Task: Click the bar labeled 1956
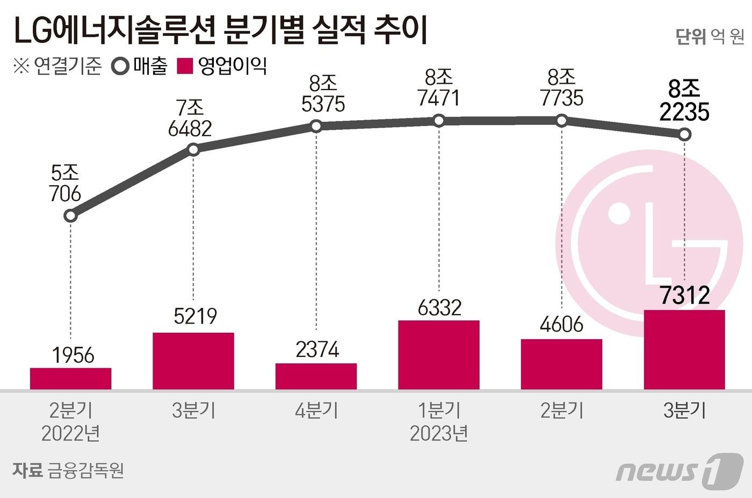tap(70, 378)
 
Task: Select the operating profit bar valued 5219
tap(193, 361)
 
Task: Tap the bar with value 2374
tap(316, 376)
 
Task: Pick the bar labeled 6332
tap(439, 355)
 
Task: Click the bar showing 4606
tap(561, 364)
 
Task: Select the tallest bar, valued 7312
tap(684, 349)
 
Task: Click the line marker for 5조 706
tap(70, 216)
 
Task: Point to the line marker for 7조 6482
tap(194, 150)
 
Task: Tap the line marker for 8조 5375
tap(316, 126)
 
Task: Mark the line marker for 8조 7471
tap(439, 121)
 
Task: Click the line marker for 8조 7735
tap(561, 120)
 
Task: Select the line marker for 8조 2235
tap(684, 135)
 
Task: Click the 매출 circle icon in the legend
tap(120, 67)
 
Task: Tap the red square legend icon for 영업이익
tap(185, 67)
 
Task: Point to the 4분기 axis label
tap(316, 411)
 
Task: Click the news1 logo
tap(679, 470)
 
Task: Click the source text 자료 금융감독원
tap(68, 470)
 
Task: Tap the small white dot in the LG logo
tap(619, 214)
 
